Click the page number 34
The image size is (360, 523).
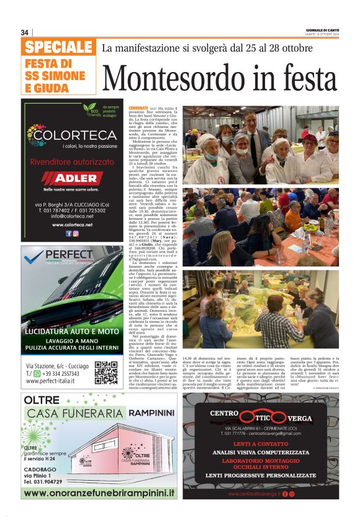[25, 32]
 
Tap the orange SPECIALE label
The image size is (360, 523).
[59, 48]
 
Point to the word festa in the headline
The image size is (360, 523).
[299, 79]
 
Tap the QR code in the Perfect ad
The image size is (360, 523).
[106, 371]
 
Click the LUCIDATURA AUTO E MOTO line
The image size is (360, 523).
[72, 332]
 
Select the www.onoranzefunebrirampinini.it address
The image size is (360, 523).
[99, 493]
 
